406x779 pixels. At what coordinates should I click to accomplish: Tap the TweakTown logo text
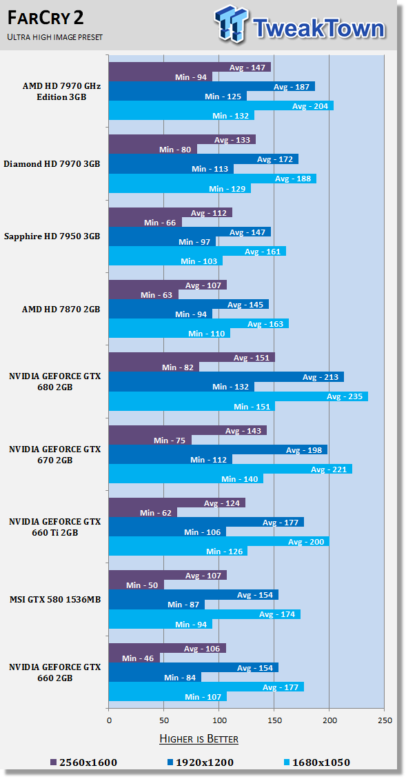[x=318, y=28]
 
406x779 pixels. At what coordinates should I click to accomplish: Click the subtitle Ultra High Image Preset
[x=55, y=37]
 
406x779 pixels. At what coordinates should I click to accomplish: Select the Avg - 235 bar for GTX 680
[x=238, y=396]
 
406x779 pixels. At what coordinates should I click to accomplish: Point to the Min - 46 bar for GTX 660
[x=134, y=658]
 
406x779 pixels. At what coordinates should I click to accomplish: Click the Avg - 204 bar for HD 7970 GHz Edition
[x=221, y=105]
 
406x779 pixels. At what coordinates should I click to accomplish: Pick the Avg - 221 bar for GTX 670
[x=230, y=469]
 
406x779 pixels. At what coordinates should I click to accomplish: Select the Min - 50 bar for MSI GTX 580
[x=136, y=585]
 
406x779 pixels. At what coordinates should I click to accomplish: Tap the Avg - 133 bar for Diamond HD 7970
[x=182, y=139]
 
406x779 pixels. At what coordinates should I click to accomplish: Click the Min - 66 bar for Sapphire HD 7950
[x=145, y=222]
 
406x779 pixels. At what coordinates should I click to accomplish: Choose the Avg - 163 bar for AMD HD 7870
[x=199, y=323]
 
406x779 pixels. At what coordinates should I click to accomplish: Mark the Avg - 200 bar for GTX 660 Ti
[x=219, y=541]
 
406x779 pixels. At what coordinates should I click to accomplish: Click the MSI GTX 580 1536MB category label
[x=55, y=600]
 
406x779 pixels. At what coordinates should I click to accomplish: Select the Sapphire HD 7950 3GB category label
[x=52, y=236]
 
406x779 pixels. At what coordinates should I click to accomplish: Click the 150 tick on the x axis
[x=274, y=720]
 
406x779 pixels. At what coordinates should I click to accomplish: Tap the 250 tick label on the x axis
[x=385, y=720]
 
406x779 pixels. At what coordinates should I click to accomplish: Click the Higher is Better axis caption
[x=199, y=738]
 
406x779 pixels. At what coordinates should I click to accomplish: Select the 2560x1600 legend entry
[x=83, y=762]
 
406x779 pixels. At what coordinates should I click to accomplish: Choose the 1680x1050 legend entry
[x=316, y=762]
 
